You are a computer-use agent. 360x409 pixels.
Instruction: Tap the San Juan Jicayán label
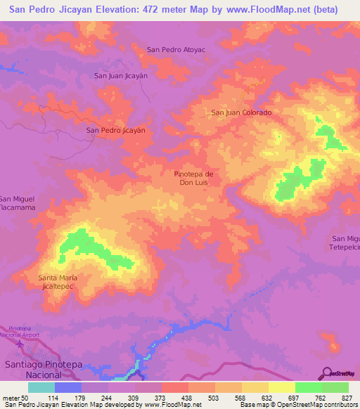tap(121, 75)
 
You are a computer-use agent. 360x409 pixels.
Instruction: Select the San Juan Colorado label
tap(241, 112)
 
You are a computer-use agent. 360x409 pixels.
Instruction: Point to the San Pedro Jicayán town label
tap(115, 131)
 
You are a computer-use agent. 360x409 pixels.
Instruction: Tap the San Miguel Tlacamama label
tap(16, 204)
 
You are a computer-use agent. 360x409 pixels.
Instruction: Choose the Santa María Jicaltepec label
tap(63, 283)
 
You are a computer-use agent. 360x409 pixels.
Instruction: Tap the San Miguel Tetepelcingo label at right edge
tap(345, 243)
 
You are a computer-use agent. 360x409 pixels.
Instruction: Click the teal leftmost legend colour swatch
tap(41, 387)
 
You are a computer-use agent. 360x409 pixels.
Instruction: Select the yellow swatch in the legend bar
tap(281, 387)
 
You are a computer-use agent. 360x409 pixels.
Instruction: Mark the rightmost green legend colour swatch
tap(335, 387)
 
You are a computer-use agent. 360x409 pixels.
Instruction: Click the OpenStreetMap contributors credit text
tap(320, 405)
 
